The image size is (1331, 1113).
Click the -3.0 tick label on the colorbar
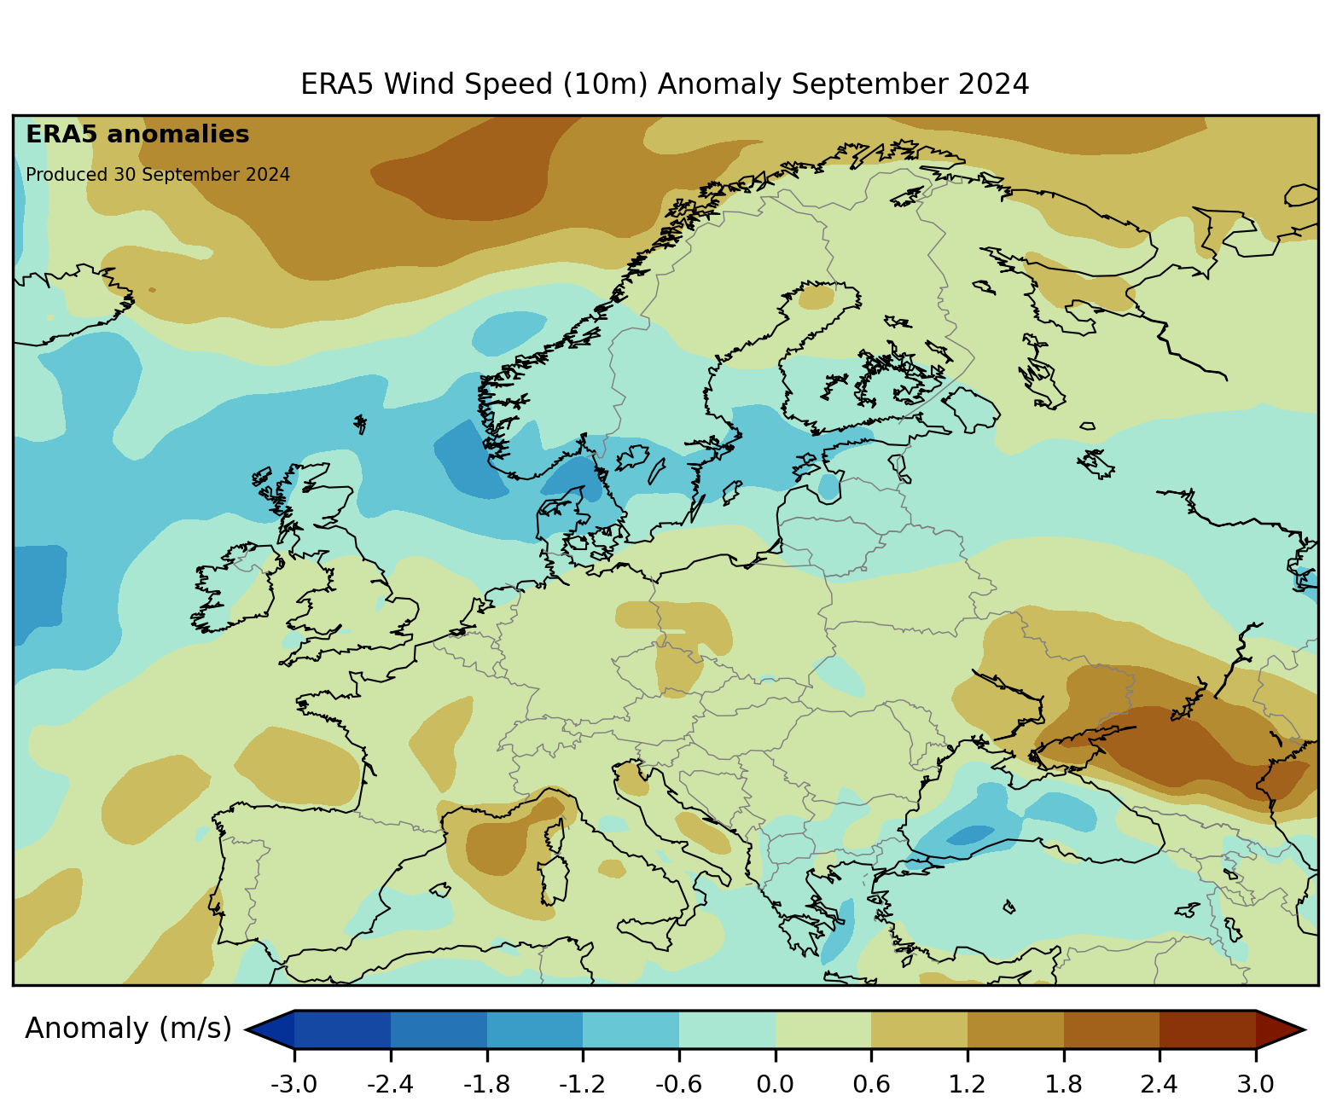point(294,1084)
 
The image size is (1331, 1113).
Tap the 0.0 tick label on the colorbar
point(775,1084)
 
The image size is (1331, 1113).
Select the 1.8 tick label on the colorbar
point(1063,1084)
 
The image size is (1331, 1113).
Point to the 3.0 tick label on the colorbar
point(1255,1084)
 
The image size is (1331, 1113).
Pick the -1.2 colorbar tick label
point(583,1084)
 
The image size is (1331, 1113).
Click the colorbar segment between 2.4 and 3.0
point(1207,1029)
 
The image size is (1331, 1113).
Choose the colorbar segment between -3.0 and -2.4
point(342,1029)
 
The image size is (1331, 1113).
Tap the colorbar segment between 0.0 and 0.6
point(822,1029)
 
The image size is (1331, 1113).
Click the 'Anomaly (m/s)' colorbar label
point(128,1029)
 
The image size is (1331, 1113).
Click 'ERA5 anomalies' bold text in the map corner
point(137,135)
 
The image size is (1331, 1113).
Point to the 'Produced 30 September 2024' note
point(158,175)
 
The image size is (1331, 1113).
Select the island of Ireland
point(235,588)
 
